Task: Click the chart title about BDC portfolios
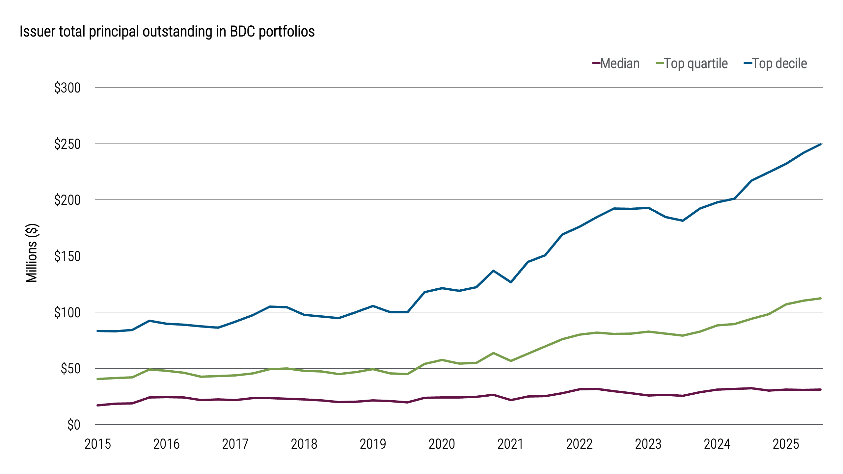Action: tap(167, 32)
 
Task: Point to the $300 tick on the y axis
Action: tap(67, 88)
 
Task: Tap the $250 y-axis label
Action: tap(67, 144)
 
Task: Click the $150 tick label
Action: tap(67, 256)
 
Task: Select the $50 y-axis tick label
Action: tap(70, 369)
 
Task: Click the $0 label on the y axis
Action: tap(74, 425)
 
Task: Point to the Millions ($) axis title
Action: tap(32, 253)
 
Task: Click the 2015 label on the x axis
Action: tap(98, 444)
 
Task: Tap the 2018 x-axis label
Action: tap(304, 444)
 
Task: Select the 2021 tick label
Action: tap(510, 444)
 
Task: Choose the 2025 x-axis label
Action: tap(786, 444)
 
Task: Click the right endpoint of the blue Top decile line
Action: tap(820, 144)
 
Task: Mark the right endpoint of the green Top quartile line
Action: tap(820, 299)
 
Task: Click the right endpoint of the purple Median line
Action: tap(820, 389)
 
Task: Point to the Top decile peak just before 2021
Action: tap(493, 271)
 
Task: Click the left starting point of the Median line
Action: tap(98, 405)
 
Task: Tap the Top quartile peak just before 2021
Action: tap(493, 353)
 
